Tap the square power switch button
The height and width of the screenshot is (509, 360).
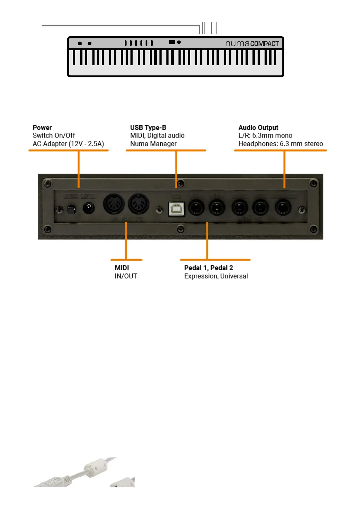(x=71, y=209)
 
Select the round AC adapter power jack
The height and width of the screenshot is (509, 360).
(x=88, y=208)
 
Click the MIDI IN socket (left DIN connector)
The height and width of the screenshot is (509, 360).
(x=114, y=204)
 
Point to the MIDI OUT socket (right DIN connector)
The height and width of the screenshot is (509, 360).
(x=139, y=204)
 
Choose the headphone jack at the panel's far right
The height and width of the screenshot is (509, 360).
(x=283, y=208)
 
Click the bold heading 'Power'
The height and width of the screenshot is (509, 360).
(x=42, y=128)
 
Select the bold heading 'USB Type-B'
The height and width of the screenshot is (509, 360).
(x=148, y=128)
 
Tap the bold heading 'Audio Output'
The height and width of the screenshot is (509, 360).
(x=258, y=128)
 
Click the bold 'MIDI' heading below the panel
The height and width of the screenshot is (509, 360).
(x=122, y=268)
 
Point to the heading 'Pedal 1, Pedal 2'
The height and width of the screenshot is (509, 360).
(x=208, y=268)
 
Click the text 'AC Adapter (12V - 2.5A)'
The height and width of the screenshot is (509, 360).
(x=68, y=144)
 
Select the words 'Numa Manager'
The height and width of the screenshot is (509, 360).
(x=153, y=144)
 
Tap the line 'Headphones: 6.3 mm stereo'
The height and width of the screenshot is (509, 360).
(x=281, y=144)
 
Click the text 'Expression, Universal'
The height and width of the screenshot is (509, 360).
(x=216, y=276)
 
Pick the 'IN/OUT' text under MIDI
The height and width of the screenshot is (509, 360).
(x=126, y=276)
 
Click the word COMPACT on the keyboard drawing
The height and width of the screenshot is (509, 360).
(x=264, y=44)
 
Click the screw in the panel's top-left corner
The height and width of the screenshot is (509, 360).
(x=47, y=183)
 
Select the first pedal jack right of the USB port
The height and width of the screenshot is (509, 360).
(x=196, y=208)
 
